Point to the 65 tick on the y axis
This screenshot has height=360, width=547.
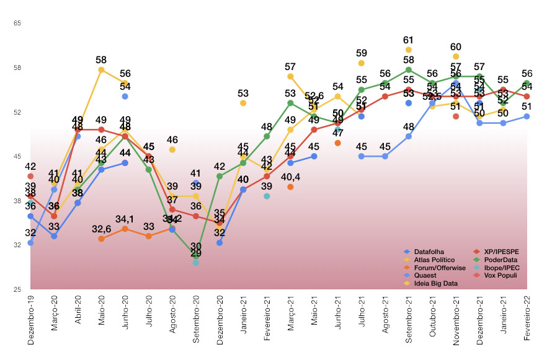17,23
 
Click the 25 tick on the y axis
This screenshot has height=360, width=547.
17,289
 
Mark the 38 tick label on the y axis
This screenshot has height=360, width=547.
17,201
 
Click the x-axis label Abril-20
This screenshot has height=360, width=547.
78,316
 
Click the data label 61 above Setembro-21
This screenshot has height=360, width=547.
409,40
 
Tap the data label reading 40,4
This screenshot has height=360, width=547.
290,177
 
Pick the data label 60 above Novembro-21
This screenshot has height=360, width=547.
456,46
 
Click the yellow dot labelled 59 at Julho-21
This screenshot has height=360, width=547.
362,63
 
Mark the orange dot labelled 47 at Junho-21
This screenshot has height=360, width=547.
338,143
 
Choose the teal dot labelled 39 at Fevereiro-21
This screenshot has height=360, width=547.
267,196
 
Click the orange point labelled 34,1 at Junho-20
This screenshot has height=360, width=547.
125,229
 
